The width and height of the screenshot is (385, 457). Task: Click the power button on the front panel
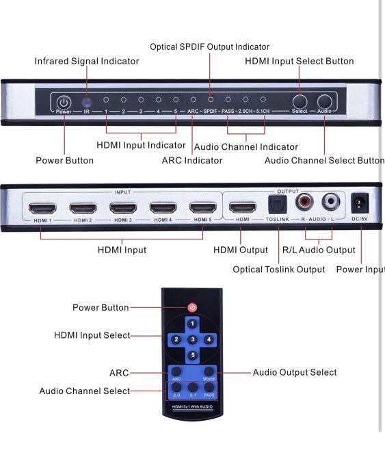point(64,103)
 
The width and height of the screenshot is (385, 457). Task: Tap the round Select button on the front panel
point(299,102)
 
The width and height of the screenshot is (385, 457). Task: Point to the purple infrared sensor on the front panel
point(87,102)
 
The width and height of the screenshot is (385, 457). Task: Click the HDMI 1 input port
point(43,208)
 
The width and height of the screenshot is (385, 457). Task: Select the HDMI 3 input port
point(123,208)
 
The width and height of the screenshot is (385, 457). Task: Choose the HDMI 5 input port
point(203,208)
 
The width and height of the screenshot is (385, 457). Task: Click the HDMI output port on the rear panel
point(242,207)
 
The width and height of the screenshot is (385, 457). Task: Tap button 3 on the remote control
point(193,339)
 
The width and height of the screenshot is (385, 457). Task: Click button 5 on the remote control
point(193,354)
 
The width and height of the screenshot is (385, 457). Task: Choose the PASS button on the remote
point(210,391)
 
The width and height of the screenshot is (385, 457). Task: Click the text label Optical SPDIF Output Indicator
point(209,47)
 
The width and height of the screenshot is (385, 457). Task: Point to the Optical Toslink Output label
point(278,270)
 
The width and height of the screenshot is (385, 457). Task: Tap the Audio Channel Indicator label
point(246,147)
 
